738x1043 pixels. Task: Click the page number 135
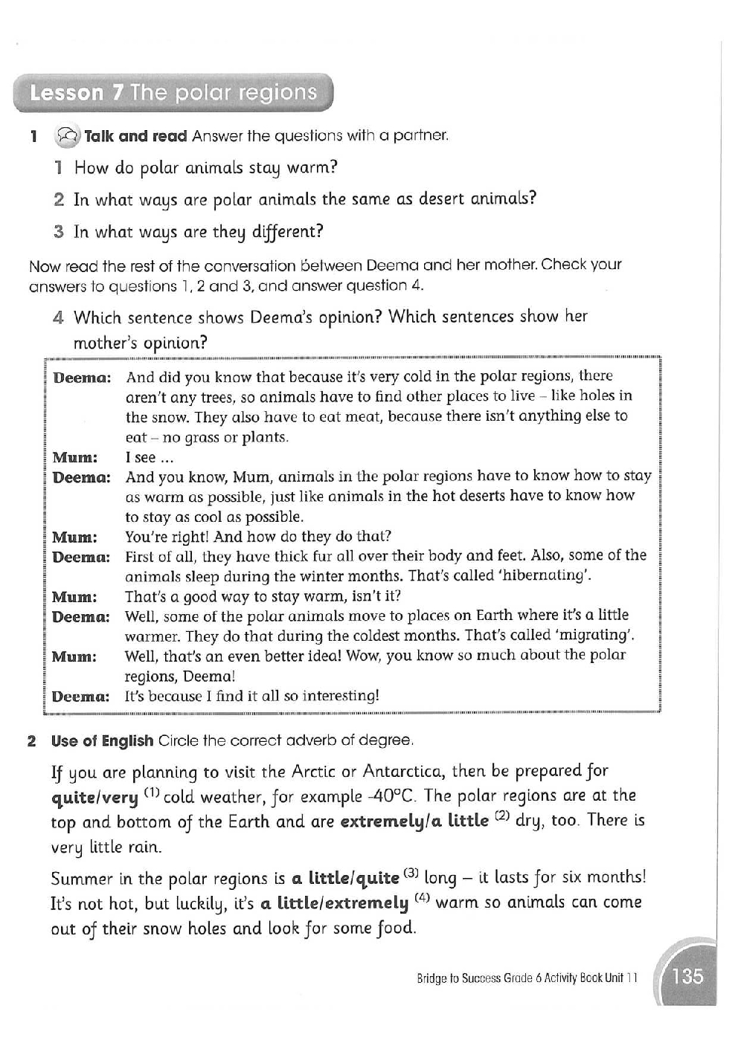[x=687, y=975]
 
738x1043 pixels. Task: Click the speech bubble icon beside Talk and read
[x=66, y=136]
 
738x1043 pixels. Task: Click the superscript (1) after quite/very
[x=152, y=793]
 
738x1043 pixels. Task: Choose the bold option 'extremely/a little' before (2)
[x=414, y=821]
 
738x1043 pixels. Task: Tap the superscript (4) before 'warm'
[x=422, y=899]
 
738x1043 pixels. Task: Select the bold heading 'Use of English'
[x=102, y=741]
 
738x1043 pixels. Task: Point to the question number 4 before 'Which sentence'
[x=58, y=318]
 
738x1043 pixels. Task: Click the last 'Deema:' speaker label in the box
[x=80, y=697]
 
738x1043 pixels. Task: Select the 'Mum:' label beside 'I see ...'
[x=74, y=458]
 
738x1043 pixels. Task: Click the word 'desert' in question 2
[x=441, y=199]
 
